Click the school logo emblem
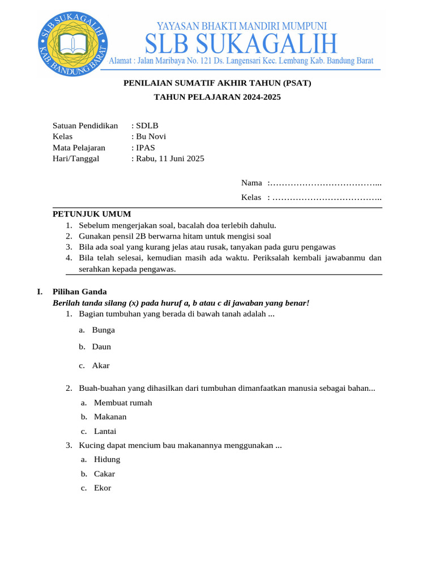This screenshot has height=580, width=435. [x=72, y=44]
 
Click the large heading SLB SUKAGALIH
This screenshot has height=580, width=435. [x=241, y=44]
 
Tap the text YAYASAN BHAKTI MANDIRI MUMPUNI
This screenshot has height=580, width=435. [x=241, y=25]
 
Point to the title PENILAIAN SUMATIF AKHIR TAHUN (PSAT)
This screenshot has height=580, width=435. [x=217, y=83]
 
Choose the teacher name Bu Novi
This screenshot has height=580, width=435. [x=151, y=137]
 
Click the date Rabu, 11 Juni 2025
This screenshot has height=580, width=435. [x=170, y=159]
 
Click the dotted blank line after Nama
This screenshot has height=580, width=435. [x=325, y=183]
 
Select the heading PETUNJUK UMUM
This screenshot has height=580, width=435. [x=92, y=214]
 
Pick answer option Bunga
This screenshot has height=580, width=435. [x=104, y=330]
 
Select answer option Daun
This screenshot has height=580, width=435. [x=102, y=347]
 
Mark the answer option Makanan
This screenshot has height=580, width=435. [x=110, y=417]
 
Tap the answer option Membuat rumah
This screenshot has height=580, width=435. [x=123, y=403]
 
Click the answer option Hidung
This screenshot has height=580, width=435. [x=107, y=459]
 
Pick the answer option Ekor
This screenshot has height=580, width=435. [x=103, y=488]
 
